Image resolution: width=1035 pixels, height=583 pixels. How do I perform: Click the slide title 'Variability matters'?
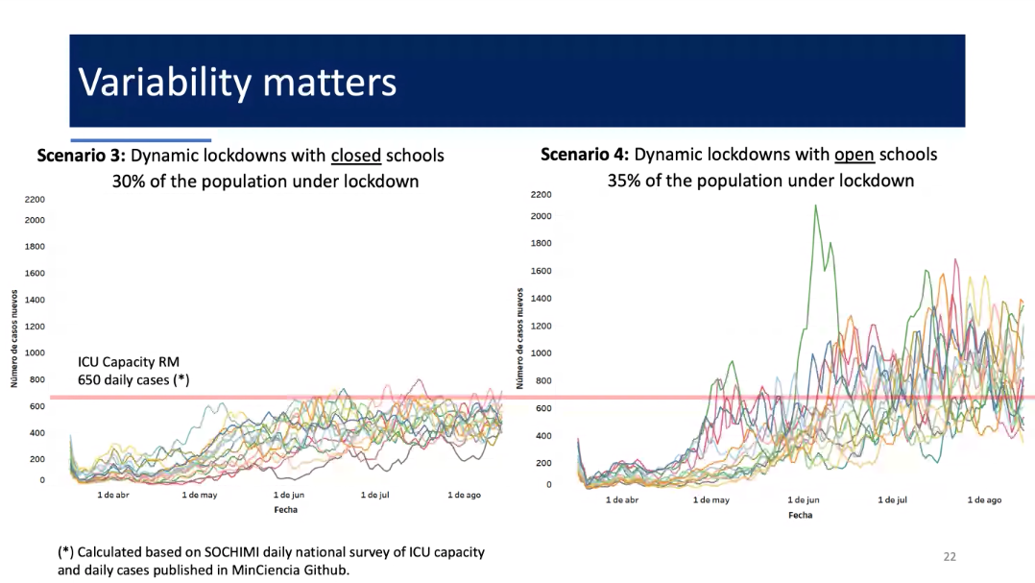237,83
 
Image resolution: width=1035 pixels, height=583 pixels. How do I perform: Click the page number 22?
951,556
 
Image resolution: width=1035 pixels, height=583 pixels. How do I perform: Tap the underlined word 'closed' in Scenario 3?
356,156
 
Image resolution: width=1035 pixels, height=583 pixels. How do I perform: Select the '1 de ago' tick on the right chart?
984,500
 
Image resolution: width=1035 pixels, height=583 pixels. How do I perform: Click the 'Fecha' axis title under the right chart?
801,515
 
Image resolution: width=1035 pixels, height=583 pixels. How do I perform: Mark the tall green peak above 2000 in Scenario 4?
816,206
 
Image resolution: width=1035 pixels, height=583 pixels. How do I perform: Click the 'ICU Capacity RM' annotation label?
129,362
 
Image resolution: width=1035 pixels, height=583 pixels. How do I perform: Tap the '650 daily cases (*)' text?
133,379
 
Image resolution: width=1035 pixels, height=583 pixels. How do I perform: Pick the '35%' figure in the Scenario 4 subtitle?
625,181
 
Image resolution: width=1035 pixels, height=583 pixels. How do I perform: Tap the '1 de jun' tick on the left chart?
289,495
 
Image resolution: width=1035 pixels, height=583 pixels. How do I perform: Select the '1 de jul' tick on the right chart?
893,500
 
